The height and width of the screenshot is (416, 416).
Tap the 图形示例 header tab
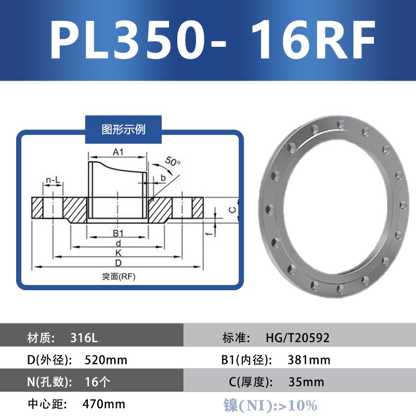[123, 129]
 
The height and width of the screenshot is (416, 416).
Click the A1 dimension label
[118, 152]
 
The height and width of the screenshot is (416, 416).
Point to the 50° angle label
[173, 162]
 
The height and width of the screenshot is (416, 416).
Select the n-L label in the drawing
[53, 180]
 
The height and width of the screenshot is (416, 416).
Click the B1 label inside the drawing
[118, 232]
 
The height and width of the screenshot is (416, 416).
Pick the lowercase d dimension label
[119, 242]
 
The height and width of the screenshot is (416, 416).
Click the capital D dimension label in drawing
[119, 263]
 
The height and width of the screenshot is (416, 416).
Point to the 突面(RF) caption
[119, 277]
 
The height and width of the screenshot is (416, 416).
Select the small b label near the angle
[163, 178]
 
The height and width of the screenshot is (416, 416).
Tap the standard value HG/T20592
[297, 338]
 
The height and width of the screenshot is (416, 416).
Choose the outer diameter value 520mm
[106, 360]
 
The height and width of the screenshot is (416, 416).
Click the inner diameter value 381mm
[309, 360]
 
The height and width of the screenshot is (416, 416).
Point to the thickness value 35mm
[306, 382]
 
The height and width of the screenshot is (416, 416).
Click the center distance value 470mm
[104, 404]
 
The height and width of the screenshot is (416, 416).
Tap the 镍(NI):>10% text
[270, 405]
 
